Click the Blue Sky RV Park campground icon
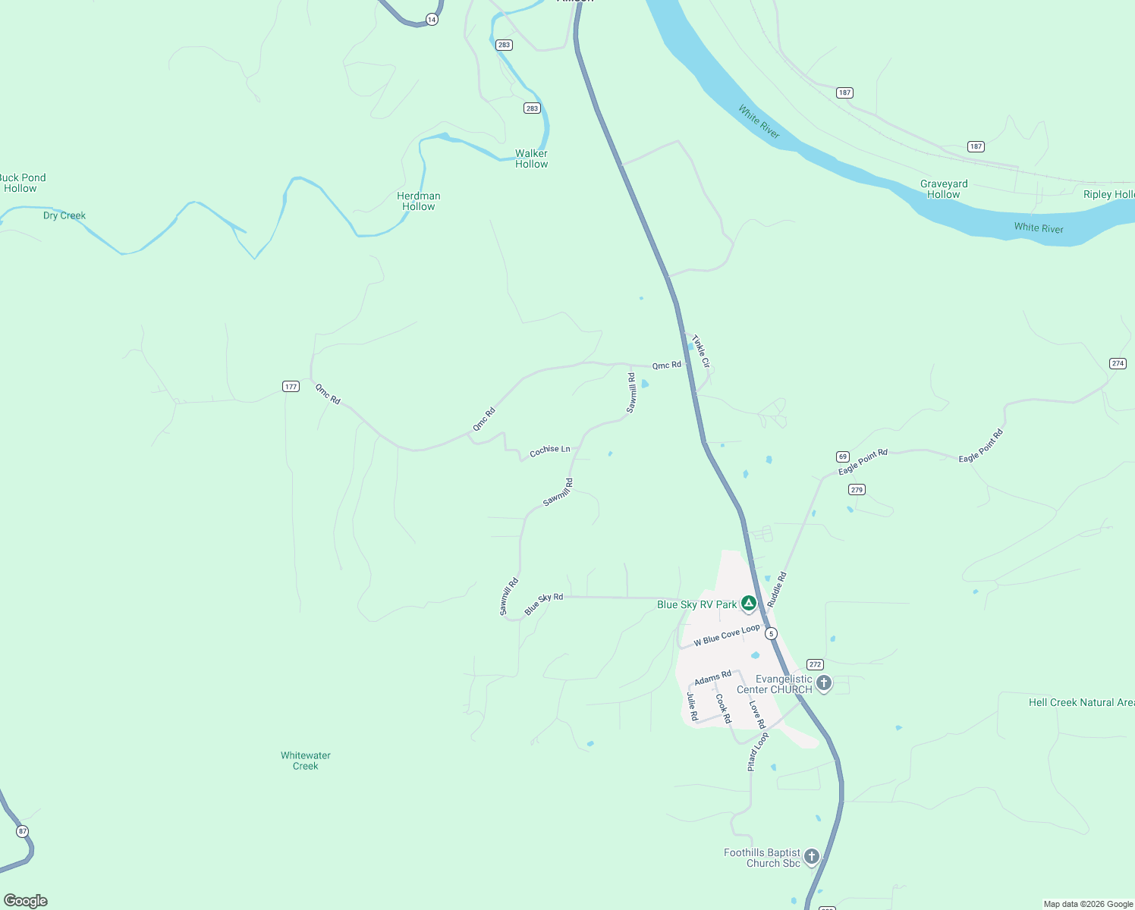coord(748,603)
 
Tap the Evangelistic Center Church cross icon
coord(823,682)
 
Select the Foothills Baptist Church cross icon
coord(811,857)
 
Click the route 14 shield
coord(432,20)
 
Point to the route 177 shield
coord(291,387)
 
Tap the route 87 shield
coord(23,831)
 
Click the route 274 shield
coord(1118,363)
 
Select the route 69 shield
coord(843,457)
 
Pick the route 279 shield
coord(857,489)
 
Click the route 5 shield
coord(772,633)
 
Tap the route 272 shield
coord(815,664)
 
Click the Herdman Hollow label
coord(419,201)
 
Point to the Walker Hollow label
coord(531,158)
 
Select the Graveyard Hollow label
coord(944,189)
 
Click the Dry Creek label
coord(64,215)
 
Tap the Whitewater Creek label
coord(306,761)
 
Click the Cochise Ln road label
coord(550,450)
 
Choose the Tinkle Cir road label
coord(701,351)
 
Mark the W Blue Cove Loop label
coord(727,635)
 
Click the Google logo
coord(26,900)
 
